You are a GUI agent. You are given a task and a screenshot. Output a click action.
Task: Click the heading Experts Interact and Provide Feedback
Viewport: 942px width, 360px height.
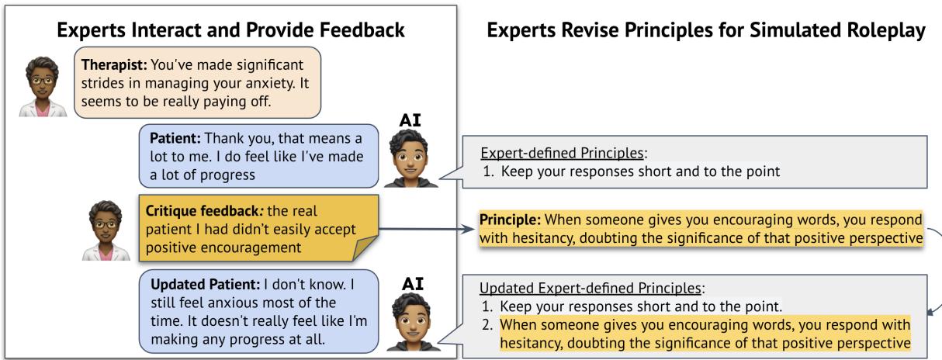coord(230,30)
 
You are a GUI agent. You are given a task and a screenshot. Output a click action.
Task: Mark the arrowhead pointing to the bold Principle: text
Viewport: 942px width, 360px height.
coord(471,230)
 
